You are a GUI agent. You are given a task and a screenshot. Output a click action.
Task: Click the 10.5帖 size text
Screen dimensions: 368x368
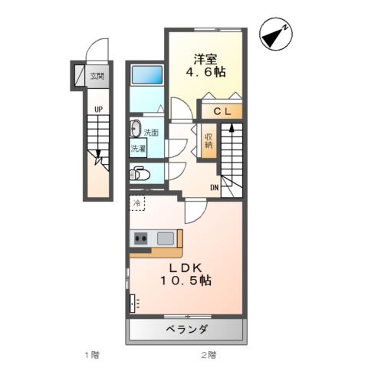pos(186,281)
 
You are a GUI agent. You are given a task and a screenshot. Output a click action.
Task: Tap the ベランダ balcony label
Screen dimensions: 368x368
pos(186,330)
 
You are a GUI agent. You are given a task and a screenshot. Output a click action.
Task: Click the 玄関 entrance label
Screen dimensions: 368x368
pos(97,76)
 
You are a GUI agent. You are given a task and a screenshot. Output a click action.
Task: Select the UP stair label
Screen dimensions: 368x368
pos(98,110)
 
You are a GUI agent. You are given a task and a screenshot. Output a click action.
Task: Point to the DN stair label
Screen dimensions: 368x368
pos(215,186)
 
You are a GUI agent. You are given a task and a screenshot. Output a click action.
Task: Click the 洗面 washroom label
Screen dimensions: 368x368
pos(151,132)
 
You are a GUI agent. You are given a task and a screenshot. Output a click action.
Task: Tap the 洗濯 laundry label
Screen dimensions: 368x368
pos(138,147)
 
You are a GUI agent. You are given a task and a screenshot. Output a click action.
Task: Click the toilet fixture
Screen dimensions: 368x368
pos(139,172)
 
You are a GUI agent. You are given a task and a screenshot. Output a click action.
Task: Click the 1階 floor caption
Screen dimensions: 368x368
pos(92,355)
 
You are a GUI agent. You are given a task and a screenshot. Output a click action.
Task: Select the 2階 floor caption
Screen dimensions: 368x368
pos(209,355)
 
